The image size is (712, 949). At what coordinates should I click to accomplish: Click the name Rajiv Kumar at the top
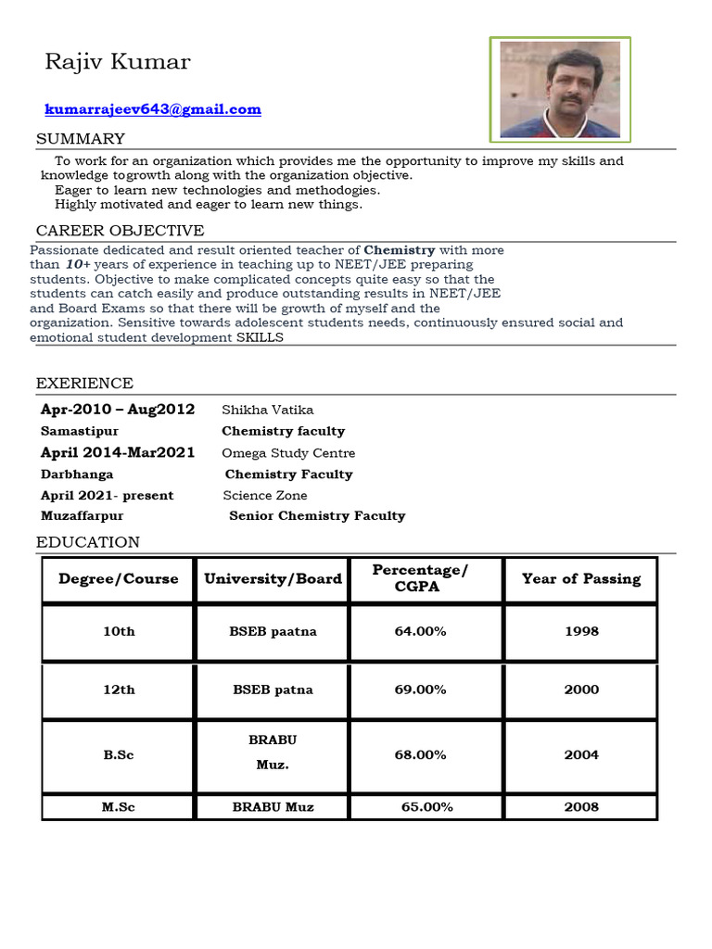click(118, 62)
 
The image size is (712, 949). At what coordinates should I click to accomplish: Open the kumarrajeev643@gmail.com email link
click(153, 109)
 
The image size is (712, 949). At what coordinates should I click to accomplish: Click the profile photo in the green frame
click(560, 90)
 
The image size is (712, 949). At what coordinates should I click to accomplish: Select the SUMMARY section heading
click(81, 139)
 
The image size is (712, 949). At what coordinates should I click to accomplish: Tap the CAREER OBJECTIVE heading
click(120, 231)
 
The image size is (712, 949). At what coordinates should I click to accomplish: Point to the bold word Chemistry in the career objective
click(400, 250)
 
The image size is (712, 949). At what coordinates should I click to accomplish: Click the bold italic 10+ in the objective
click(77, 265)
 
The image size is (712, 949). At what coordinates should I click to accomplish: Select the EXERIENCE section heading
click(84, 384)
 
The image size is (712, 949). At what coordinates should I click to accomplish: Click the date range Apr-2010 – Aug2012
click(118, 410)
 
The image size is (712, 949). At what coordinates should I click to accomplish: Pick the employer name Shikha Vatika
click(268, 410)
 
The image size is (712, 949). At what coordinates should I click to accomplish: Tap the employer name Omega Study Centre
click(288, 453)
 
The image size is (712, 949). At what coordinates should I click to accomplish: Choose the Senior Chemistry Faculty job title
click(317, 516)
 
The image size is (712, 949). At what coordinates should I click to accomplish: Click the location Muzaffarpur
click(82, 516)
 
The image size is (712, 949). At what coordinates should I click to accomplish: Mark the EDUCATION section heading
click(88, 542)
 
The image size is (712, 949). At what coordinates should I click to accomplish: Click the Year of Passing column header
click(581, 579)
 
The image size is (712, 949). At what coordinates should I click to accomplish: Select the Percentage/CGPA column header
click(420, 578)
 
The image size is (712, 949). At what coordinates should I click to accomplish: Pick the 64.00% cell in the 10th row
click(420, 631)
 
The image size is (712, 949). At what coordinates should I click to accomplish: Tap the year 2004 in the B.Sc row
click(581, 754)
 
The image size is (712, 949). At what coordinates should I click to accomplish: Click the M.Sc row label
click(119, 807)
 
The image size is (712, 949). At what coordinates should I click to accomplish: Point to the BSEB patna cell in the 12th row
click(273, 690)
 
